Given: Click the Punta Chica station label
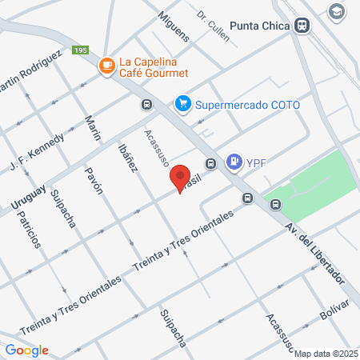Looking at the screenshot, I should click(259, 25).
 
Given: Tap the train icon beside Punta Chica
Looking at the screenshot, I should click(302, 25).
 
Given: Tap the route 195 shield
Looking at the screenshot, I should click(79, 50).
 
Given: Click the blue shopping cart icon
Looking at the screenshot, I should click(183, 103).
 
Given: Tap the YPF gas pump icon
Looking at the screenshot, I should click(234, 162).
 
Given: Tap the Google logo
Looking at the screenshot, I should click(26, 350).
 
